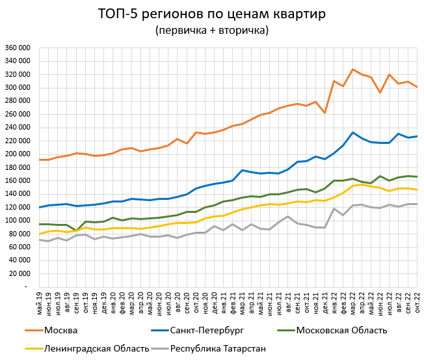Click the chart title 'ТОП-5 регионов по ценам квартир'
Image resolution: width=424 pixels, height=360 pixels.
[211, 14]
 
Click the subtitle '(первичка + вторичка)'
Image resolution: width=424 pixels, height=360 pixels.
[211, 31]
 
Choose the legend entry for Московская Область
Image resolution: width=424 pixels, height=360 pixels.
[341, 331]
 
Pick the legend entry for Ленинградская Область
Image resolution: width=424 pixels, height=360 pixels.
[95, 348]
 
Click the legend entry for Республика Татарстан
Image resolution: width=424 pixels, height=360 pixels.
[218, 348]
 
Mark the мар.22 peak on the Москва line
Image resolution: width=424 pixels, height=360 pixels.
[352, 70]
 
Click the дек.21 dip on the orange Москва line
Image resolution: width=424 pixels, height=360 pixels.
[325, 113]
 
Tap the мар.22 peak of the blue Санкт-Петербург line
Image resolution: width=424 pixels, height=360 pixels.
[352, 133]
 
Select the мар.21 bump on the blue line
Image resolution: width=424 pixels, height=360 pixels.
[242, 170]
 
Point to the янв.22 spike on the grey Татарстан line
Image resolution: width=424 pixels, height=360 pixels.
[334, 208]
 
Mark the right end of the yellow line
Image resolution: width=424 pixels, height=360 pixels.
[416, 189]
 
